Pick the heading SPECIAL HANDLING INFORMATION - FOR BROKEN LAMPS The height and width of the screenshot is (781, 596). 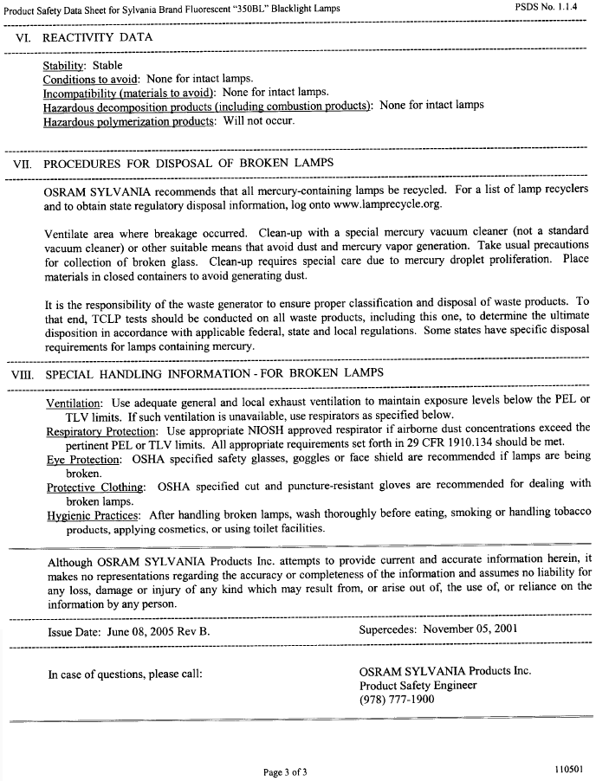tap(214, 374)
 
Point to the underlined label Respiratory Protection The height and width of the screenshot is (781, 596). tap(102, 430)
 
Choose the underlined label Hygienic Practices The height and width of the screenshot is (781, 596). tap(94, 514)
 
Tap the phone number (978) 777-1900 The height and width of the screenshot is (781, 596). tap(397, 700)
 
